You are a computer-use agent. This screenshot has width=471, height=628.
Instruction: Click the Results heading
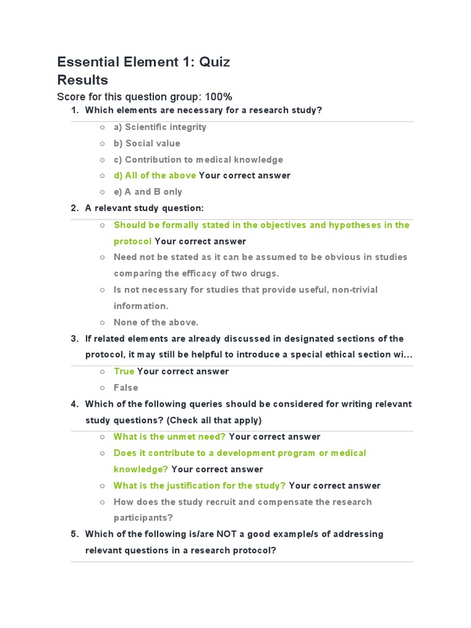[82, 80]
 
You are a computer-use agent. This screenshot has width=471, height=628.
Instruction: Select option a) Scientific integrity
[159, 127]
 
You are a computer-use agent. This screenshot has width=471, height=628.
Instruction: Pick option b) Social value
[147, 144]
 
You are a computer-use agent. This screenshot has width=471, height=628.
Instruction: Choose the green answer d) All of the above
[155, 175]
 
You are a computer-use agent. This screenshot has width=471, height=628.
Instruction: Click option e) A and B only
[148, 192]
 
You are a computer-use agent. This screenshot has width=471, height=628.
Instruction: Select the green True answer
[124, 372]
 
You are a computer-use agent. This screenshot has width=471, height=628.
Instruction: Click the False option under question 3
[126, 388]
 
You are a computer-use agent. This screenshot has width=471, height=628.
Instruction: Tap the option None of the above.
[156, 323]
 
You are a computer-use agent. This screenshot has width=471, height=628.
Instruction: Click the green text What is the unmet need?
[169, 437]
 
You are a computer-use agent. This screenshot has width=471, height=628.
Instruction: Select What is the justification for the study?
[199, 486]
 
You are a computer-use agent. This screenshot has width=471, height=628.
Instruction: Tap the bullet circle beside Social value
[102, 144]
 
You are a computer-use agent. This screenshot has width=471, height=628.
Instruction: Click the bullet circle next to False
[102, 388]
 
